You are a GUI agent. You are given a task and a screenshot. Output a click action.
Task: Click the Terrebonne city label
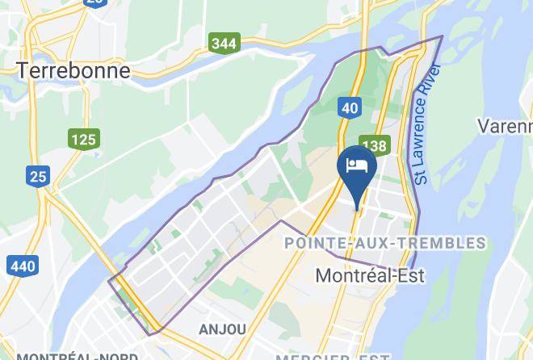(73, 70)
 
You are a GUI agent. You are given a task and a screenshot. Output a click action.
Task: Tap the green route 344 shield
(224, 43)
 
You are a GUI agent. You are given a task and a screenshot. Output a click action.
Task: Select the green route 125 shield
(83, 140)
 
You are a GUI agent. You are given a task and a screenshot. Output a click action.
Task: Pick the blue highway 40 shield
(348, 107)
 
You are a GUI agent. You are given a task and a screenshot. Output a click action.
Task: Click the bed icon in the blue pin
(356, 165)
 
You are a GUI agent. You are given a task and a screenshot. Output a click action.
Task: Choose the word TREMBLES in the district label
(447, 243)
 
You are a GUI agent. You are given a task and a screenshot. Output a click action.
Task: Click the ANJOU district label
(222, 329)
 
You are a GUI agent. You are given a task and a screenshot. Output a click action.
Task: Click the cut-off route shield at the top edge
(94, 2)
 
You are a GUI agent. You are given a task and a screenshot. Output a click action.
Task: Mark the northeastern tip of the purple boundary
(442, 36)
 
